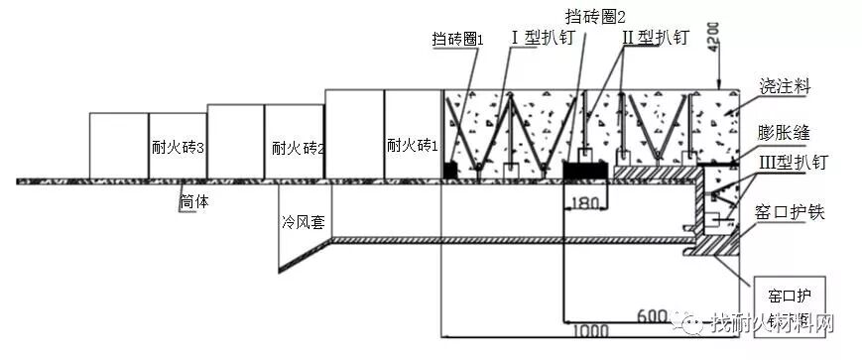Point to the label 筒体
194,201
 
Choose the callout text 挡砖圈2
595,16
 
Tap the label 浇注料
784,87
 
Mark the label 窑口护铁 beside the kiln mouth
790,210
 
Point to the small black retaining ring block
450,172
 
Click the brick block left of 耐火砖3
119,146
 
